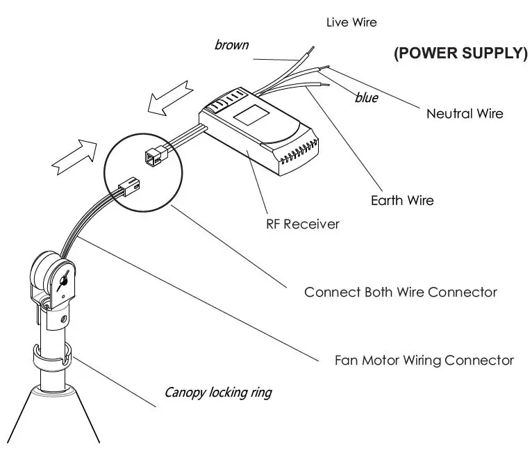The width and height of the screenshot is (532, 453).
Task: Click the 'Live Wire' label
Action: click(351, 22)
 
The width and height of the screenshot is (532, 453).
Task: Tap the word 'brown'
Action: click(232, 44)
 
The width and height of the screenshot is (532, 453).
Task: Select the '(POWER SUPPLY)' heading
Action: click(461, 53)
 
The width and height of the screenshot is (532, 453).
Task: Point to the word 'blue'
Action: click(367, 98)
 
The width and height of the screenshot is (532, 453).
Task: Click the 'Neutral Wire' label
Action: click(465, 114)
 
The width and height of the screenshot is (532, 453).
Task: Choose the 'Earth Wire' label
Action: click(402, 201)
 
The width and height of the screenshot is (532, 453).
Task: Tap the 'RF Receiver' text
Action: click(303, 224)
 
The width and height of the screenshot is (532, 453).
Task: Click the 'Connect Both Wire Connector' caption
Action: click(401, 293)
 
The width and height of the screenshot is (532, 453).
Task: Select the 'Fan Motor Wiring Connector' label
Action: click(424, 361)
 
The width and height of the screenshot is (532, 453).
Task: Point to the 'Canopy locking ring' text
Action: click(218, 393)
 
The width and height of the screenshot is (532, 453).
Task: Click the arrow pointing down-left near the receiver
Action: click(170, 99)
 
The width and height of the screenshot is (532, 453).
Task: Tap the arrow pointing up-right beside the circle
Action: click(74, 157)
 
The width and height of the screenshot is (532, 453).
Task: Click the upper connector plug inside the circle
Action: click(156, 156)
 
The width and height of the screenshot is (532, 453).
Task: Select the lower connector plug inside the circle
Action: click(129, 188)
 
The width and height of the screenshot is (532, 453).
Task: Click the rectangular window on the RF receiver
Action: click(251, 115)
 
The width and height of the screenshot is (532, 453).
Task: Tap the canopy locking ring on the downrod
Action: click(52, 357)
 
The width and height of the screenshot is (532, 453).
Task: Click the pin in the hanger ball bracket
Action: click(63, 281)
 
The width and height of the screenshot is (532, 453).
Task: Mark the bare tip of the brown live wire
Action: click(310, 51)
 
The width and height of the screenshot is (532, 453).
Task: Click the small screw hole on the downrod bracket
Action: click(63, 320)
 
